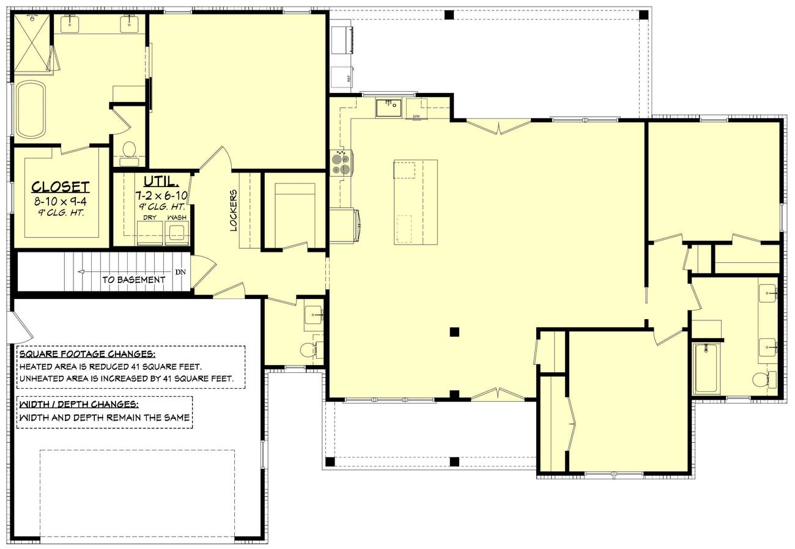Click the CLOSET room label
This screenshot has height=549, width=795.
61,187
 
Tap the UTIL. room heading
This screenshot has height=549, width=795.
161,182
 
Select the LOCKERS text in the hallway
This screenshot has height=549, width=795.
234,210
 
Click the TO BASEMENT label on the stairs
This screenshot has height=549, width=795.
133,280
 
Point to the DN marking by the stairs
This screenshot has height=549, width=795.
180,272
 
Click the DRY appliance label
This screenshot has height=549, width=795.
150,218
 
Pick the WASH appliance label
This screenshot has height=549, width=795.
177,218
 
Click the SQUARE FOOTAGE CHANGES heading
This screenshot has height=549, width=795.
87,355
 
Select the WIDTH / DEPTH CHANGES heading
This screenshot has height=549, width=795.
78,405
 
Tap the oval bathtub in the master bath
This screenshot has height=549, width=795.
30,109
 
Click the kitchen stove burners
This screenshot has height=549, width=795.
340,164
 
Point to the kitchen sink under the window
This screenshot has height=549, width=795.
388,108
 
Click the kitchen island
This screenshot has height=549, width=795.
415,202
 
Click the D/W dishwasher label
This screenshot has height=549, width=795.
416,116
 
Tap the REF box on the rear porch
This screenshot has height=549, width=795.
342,78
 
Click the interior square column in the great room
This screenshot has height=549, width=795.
454,332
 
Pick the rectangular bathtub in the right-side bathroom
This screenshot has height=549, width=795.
707,367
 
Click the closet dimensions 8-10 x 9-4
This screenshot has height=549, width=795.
61,201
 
